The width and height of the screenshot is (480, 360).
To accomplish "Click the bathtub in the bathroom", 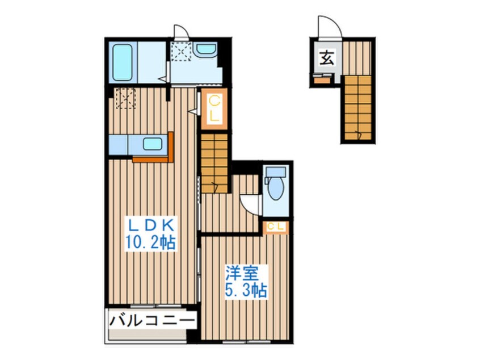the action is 123,62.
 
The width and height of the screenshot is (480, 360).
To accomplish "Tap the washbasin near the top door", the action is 206,49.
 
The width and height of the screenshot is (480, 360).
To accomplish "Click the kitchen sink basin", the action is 153,144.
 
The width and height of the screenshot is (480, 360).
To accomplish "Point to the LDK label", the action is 151,226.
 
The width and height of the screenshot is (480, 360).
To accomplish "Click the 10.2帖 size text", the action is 150,243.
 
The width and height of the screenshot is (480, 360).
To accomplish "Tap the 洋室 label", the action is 242,274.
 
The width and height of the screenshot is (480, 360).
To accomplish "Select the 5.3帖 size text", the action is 246,291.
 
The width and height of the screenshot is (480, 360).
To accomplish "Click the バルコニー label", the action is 152,321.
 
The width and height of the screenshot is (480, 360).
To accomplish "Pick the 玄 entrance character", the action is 327,58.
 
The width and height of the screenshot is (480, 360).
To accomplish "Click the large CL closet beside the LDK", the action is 214,109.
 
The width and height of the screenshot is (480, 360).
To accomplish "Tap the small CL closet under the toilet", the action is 276,227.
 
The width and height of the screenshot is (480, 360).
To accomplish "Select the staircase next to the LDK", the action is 214,163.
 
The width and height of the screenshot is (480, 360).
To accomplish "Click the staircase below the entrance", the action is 358,107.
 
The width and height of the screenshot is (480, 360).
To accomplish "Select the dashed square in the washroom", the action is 181,52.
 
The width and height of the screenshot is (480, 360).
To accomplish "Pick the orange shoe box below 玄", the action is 322,80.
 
